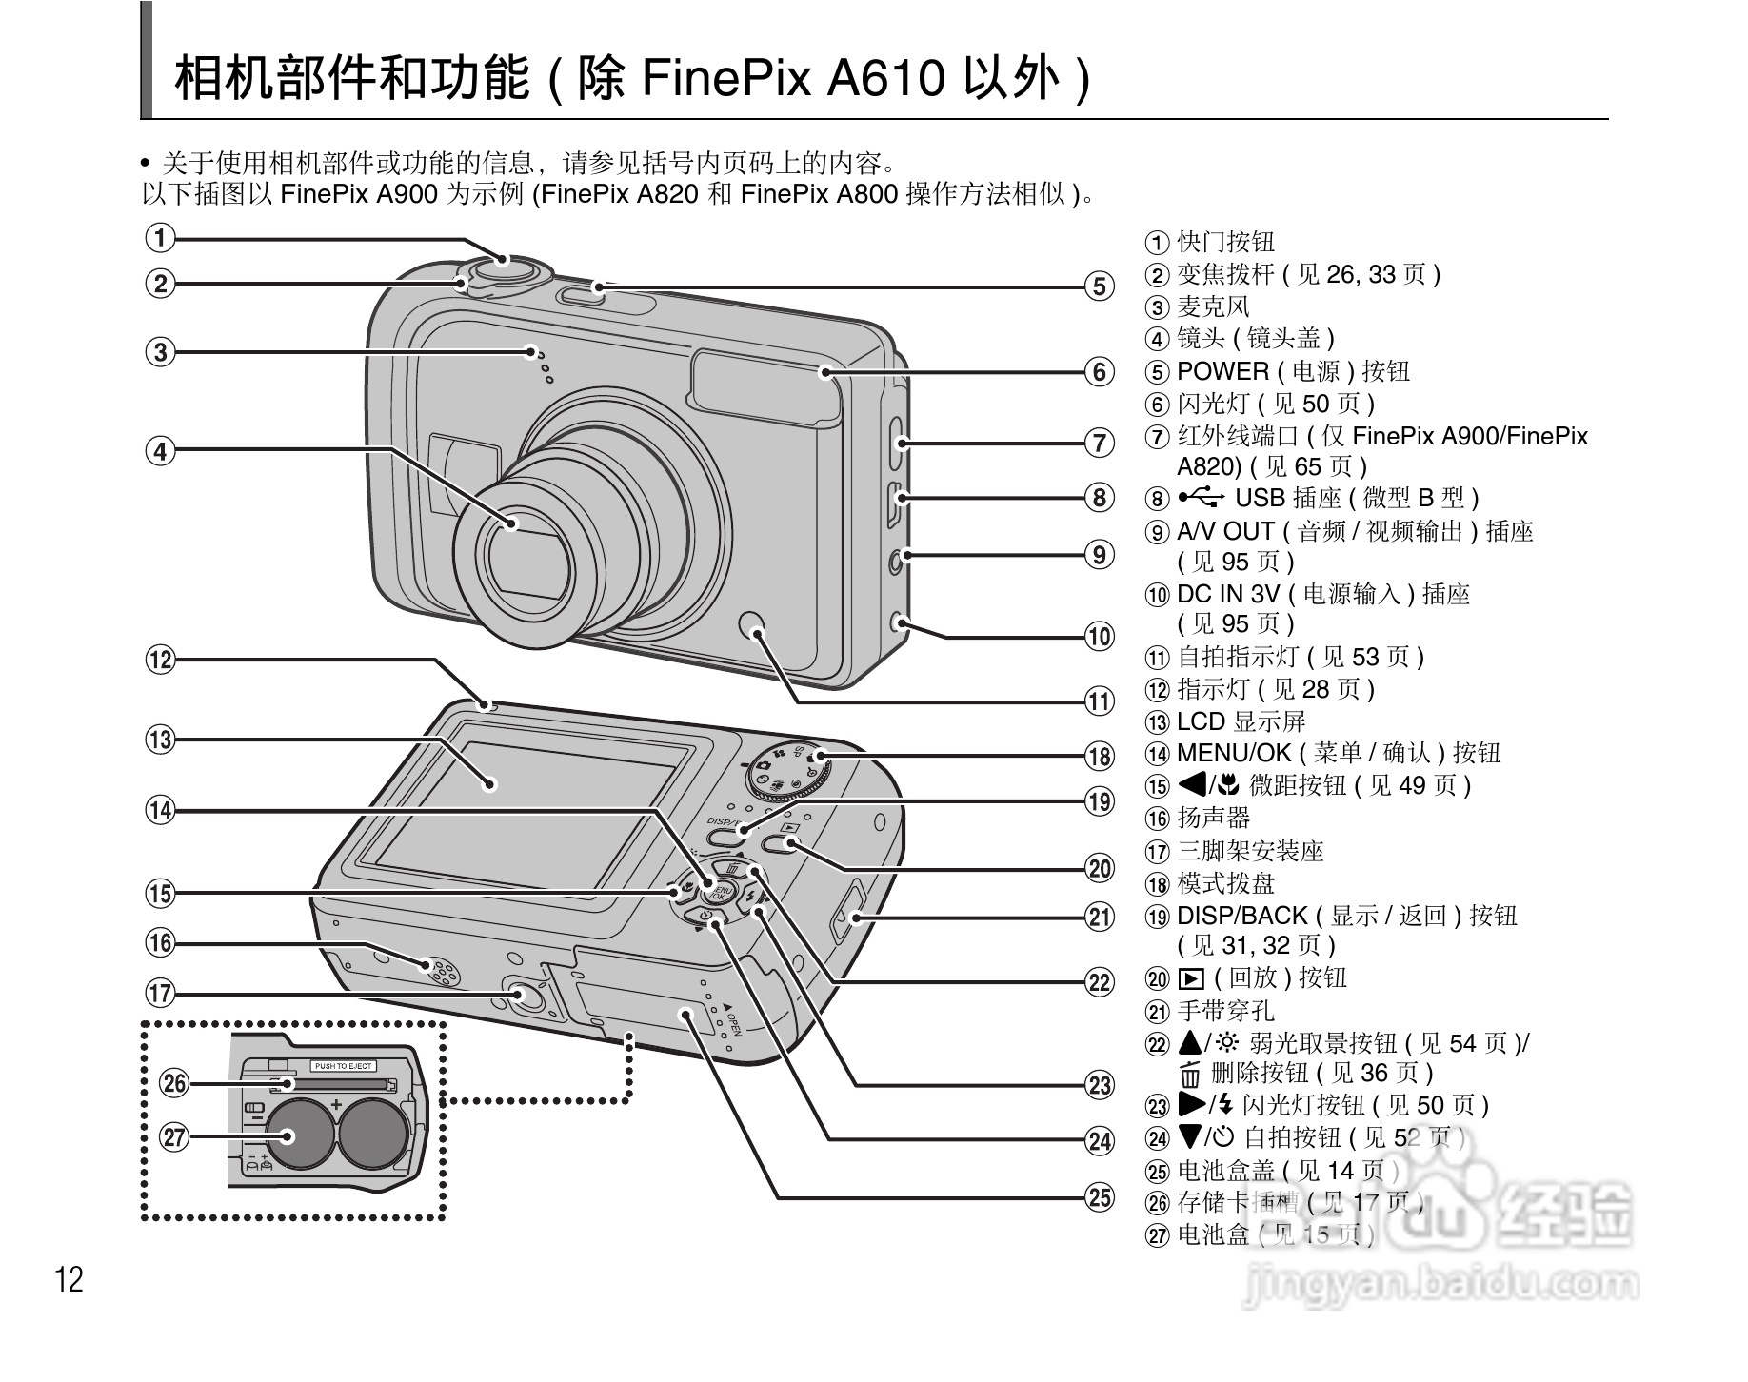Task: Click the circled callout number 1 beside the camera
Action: click(161, 237)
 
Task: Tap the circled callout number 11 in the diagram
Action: click(1100, 701)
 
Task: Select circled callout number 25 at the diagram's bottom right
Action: click(1100, 1196)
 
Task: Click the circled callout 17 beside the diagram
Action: click(161, 994)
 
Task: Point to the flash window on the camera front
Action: click(765, 386)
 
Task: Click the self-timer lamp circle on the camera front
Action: click(753, 623)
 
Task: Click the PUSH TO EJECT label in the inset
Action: click(344, 1066)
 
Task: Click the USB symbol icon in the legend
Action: click(1202, 498)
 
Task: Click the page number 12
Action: click(70, 1279)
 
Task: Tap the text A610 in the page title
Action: click(885, 77)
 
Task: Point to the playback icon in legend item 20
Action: click(1189, 978)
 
